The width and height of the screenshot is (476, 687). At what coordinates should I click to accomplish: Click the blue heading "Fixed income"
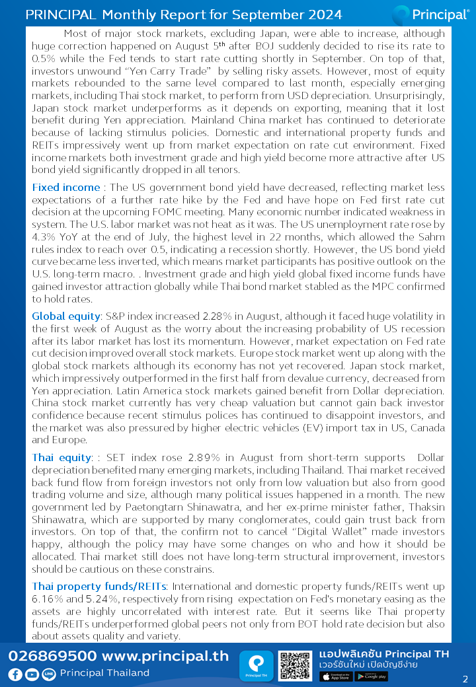65,188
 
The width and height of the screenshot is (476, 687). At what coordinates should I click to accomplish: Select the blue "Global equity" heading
65,316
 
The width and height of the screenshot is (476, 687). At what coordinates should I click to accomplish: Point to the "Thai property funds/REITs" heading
100,586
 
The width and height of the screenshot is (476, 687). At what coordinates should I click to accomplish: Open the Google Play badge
371,676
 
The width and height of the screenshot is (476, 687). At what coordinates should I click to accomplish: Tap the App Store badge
336,676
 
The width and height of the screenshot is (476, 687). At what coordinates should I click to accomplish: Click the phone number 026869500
52,657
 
